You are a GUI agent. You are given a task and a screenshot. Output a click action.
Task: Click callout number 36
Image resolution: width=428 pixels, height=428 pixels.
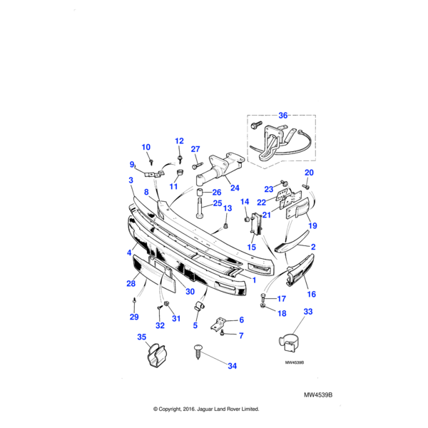click(283, 115)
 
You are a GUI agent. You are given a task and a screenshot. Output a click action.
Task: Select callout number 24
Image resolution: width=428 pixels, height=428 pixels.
click(235, 190)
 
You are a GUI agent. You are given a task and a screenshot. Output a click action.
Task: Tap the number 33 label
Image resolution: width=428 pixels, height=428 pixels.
click(308, 311)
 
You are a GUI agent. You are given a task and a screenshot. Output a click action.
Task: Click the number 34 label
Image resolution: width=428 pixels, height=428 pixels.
click(232, 367)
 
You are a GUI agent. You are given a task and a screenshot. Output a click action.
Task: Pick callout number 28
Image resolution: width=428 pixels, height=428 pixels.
click(131, 284)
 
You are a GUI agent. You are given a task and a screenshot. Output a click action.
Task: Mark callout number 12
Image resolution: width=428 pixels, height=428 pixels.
click(179, 141)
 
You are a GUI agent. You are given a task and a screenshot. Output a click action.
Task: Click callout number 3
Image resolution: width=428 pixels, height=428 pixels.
click(131, 181)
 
